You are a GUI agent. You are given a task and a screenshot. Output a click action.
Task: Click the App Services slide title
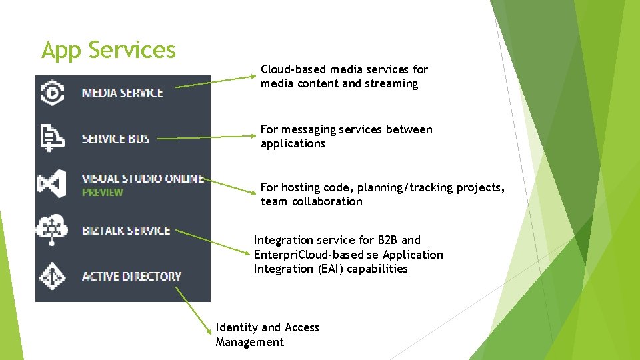pos(109,50)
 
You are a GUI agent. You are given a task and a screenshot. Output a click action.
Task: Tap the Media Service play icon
pos(52,93)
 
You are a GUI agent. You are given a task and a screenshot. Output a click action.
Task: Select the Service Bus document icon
pos(52,138)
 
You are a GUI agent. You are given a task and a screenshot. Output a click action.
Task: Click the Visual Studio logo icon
pos(52,184)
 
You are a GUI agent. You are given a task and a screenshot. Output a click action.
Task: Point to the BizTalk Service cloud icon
pos(52,229)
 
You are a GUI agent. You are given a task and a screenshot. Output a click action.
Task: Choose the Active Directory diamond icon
pos(52,276)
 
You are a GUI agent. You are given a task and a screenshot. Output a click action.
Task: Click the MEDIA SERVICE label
pos(123,93)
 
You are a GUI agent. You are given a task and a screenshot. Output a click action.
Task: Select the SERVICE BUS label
pos(116,139)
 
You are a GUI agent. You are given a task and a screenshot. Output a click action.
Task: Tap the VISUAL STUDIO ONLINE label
pos(143,179)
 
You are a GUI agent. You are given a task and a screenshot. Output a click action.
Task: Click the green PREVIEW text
pos(103,192)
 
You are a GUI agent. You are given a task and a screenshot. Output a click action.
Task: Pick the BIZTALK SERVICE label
pos(126,231)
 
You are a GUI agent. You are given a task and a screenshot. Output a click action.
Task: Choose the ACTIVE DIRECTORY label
pos(132,276)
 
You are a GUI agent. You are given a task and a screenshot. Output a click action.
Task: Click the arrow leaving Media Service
pos(215,81)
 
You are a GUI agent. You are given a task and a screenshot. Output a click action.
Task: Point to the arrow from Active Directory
pos(193,311)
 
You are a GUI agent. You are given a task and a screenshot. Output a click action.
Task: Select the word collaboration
pos(327,201)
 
